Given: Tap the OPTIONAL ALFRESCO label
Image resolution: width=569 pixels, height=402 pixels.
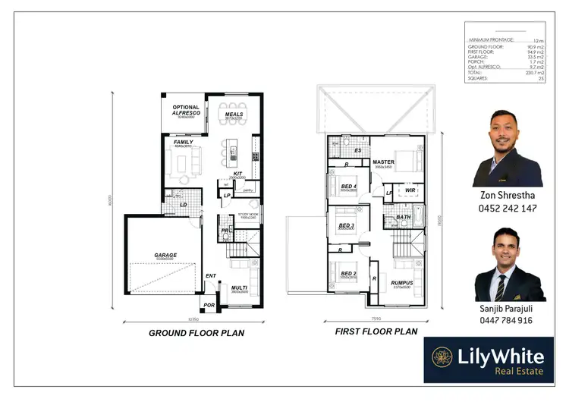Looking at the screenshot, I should pyautogui.click(x=185, y=110).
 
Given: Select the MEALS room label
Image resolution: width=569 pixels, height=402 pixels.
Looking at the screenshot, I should pyautogui.click(x=234, y=115).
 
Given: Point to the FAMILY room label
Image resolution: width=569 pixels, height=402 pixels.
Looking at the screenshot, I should pyautogui.click(x=183, y=142).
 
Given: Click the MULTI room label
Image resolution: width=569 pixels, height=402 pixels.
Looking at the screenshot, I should pyautogui.click(x=240, y=287).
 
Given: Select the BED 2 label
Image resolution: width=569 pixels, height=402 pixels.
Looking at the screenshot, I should pyautogui.click(x=347, y=274).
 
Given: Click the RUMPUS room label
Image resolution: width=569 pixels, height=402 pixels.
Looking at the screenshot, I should pyautogui.click(x=401, y=284).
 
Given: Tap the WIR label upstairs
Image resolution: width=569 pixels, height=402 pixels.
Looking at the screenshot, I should pyautogui.click(x=410, y=190).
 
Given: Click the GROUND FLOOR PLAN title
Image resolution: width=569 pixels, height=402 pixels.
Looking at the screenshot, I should pyautogui.click(x=196, y=332).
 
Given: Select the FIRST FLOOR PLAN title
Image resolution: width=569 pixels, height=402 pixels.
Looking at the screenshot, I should pyautogui.click(x=376, y=331).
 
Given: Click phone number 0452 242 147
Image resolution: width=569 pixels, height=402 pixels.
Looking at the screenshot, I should pyautogui.click(x=508, y=208).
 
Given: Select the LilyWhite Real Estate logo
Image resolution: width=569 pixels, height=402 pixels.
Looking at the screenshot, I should pyautogui.click(x=488, y=360).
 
